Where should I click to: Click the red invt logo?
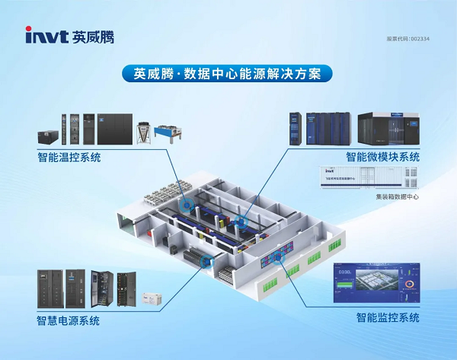[x=45, y=35]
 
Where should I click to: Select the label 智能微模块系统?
[x=382, y=157]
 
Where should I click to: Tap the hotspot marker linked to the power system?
[x=204, y=260]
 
